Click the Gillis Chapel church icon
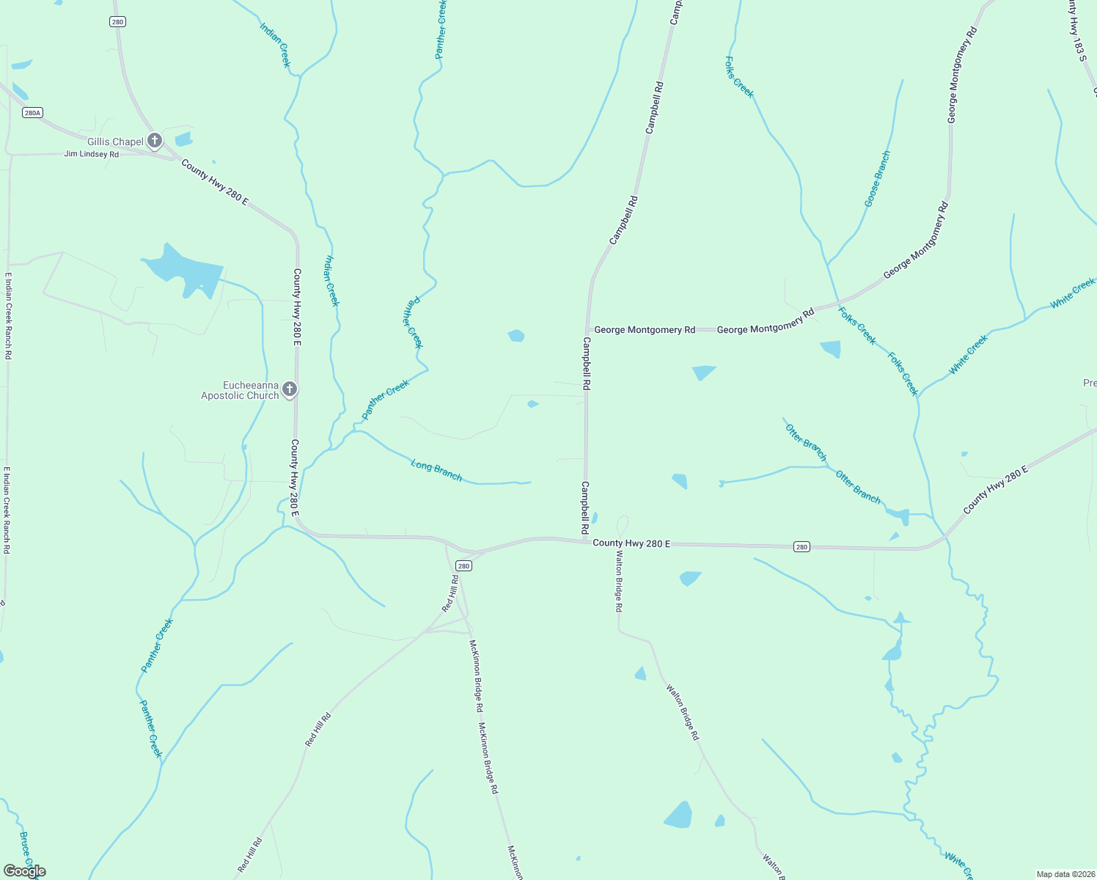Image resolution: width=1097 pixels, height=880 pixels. pos(154,140)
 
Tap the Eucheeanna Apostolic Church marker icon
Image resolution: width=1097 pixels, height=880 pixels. pos(290,389)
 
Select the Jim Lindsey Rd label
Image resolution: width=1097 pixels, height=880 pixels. pos(92,155)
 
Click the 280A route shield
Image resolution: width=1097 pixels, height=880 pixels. pos(32,112)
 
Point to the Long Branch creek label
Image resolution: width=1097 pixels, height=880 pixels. pos(436,470)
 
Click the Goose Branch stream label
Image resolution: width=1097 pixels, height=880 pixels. pos(877,179)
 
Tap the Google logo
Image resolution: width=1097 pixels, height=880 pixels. pos(24,870)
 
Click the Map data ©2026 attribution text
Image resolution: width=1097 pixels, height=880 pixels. pos(1064,874)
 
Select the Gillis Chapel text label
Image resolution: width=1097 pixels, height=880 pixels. pos(115,142)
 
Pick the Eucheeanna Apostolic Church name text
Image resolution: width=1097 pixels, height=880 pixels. pos(241,390)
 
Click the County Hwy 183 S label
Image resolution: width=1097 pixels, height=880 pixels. pos(1076,29)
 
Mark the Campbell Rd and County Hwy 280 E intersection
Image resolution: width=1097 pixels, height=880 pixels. pos(586,540)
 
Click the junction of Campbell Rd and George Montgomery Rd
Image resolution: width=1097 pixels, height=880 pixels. pos(587,330)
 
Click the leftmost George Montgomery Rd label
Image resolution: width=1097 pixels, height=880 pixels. pos(645,330)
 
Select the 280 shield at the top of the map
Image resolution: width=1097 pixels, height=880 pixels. pos(118,22)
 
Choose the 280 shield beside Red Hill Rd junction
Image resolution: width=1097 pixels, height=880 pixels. pos(463,565)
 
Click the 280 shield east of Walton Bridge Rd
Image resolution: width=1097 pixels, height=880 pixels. pos(801,547)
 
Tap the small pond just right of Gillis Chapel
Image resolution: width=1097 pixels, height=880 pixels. pos(183,139)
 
